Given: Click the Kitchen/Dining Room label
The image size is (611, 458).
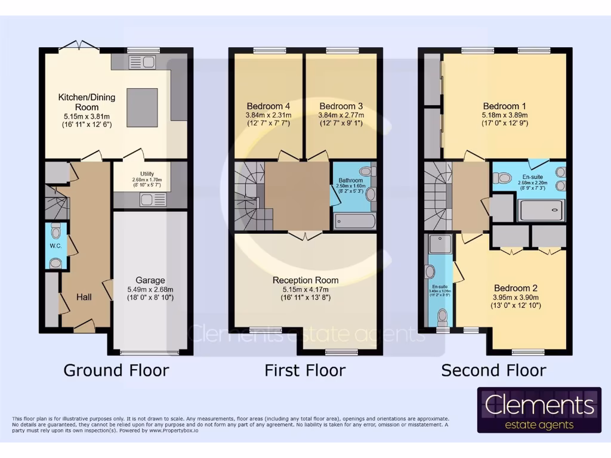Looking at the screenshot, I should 87,102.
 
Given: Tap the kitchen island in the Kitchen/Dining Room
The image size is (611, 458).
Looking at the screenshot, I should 142,105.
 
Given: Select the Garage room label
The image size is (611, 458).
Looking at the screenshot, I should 150,280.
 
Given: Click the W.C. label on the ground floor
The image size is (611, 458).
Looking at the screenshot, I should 55,246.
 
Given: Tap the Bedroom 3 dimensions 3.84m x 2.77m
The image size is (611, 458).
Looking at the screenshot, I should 341,115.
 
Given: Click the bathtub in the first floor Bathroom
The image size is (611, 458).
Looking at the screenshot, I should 354,221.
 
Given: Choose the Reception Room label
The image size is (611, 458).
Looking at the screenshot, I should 305,280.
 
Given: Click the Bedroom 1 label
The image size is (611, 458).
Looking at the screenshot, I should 505,106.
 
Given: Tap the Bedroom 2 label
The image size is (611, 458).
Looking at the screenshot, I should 516,287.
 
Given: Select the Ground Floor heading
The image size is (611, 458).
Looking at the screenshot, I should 116,370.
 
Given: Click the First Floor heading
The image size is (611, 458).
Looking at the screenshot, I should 305,370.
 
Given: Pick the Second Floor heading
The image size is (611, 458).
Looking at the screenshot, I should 493,370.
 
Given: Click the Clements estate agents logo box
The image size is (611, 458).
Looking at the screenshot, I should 539,410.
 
